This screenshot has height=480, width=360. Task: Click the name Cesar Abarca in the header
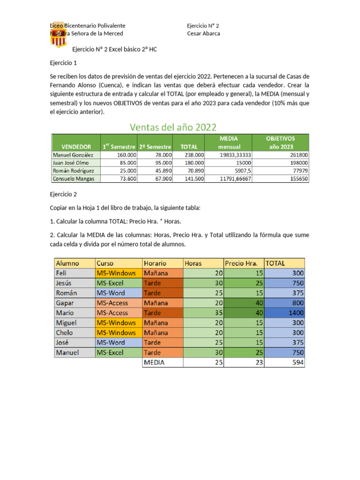point(203,33)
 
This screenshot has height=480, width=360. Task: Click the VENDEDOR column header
point(75,147)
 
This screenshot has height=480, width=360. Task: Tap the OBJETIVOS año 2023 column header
point(280,142)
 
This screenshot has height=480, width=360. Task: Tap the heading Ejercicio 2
point(63,194)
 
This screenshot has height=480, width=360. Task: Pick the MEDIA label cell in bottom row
point(154,362)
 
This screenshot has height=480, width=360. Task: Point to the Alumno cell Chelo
point(65,332)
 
